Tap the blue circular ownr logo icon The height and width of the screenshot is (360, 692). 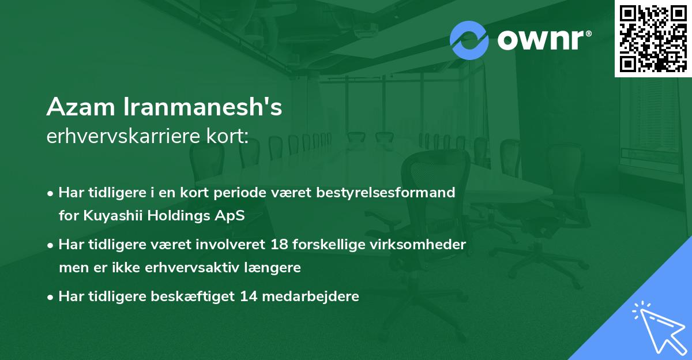click(469, 40)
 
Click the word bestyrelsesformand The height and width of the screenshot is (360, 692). click(393, 192)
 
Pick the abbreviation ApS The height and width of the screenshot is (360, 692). click(231, 216)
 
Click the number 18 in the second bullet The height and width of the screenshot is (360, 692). click(280, 245)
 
